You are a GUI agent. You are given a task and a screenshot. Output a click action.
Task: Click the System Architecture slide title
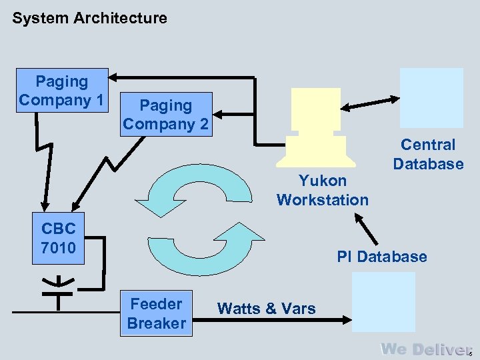click(x=89, y=19)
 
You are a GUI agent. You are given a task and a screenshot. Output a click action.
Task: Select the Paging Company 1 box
click(x=62, y=91)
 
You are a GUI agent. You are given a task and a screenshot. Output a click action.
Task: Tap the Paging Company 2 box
click(x=165, y=115)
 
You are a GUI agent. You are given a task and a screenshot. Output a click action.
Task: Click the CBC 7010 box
click(x=58, y=238)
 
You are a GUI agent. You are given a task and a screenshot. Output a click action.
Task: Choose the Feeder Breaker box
click(x=157, y=313)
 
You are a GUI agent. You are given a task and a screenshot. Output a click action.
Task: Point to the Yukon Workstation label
click(x=322, y=190)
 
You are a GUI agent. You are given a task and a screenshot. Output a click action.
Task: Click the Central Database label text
click(x=427, y=154)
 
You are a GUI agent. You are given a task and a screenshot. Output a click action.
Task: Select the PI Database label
click(x=381, y=257)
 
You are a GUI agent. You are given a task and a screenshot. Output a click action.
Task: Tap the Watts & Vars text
click(x=267, y=308)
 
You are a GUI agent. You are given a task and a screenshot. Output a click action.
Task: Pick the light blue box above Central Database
click(x=431, y=98)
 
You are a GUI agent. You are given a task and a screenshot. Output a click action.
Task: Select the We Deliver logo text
click(x=424, y=349)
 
